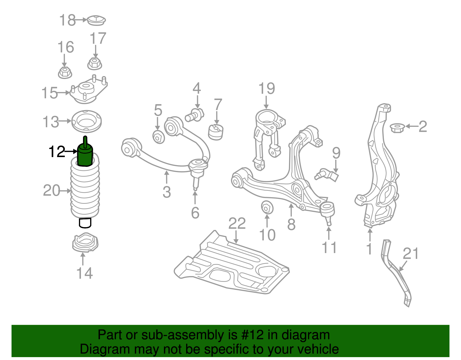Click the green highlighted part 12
pyautogui.click(x=85, y=155)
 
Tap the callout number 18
pyautogui.click(x=67, y=20)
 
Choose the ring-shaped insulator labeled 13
pyautogui.click(x=86, y=121)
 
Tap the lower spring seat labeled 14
pyautogui.click(x=85, y=243)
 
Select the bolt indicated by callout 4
pyautogui.click(x=195, y=114)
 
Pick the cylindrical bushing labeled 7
pyautogui.click(x=216, y=132)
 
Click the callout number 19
pyautogui.click(x=267, y=88)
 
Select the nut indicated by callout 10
pyautogui.click(x=267, y=207)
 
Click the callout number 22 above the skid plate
pyautogui.click(x=237, y=223)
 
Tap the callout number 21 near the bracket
pyautogui.click(x=410, y=254)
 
